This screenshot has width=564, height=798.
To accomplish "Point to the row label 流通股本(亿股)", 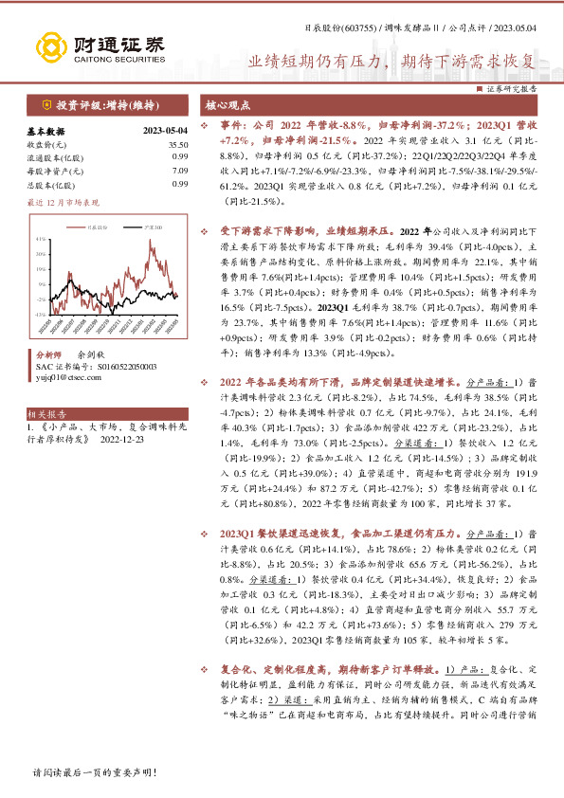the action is (51, 156).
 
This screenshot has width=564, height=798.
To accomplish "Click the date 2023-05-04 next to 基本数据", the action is (165, 130).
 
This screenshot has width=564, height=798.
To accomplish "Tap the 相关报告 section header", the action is (46, 414).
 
